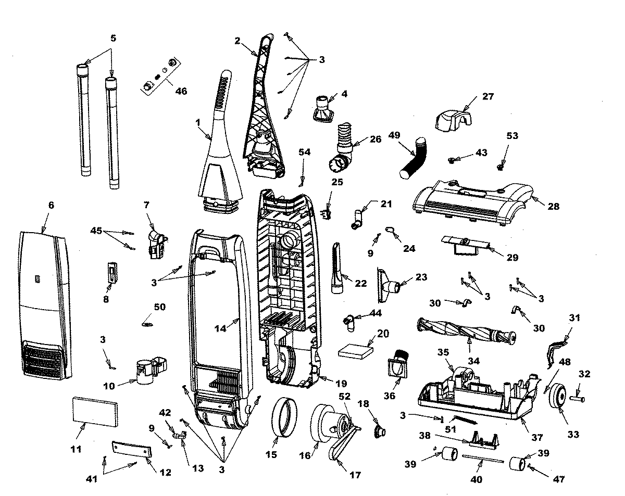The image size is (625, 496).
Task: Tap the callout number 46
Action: (x=181, y=91)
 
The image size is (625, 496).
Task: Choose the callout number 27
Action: (x=488, y=96)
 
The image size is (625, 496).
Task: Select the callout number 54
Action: (x=304, y=151)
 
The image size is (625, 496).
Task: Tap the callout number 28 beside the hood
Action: (x=553, y=206)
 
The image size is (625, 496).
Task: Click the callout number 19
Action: (x=340, y=384)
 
